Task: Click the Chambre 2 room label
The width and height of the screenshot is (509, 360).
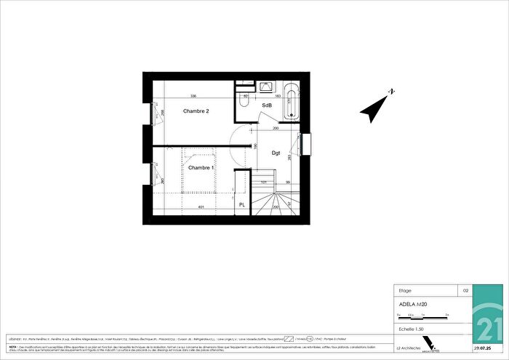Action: (196, 111)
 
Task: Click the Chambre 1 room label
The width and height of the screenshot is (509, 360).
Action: (200, 168)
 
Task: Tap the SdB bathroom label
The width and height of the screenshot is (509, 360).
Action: (267, 105)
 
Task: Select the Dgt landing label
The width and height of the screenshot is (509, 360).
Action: (276, 153)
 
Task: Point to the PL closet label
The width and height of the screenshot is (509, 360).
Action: (241, 206)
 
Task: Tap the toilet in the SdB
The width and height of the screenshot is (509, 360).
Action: (245, 105)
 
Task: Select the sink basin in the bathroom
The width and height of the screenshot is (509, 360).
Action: (262, 87)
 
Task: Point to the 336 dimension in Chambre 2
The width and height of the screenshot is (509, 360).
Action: (193, 96)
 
